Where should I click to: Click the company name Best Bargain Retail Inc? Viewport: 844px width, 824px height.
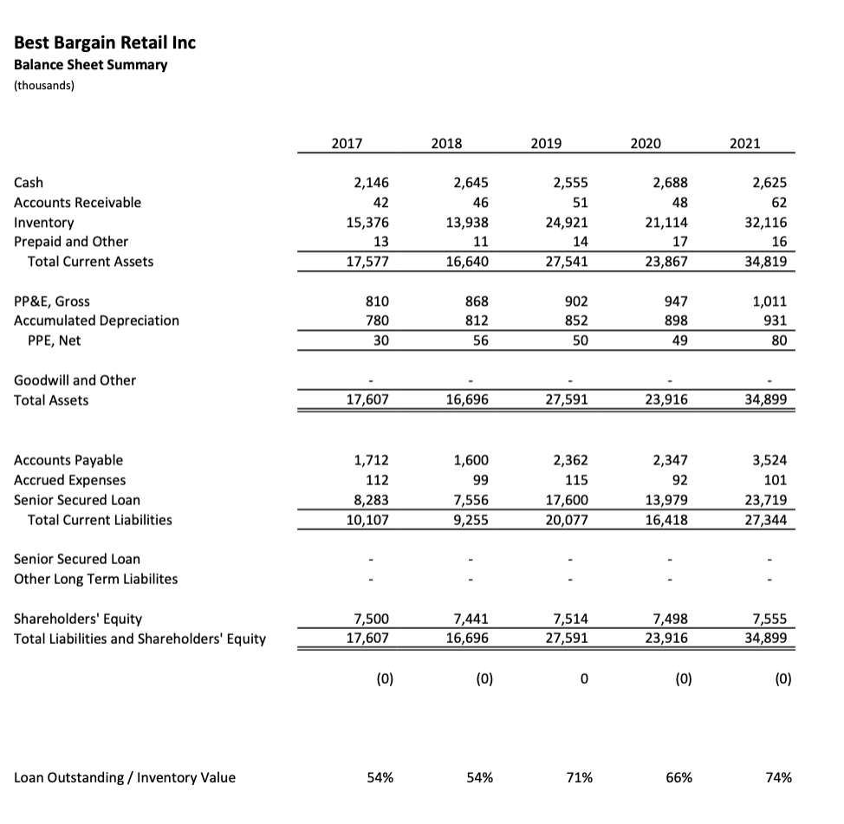coord(105,42)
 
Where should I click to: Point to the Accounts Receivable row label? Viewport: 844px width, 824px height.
coord(77,203)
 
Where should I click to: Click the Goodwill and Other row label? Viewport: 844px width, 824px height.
coord(75,380)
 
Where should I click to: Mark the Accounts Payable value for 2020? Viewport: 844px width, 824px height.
coord(670,460)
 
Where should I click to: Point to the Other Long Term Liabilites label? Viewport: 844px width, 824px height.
coord(96,579)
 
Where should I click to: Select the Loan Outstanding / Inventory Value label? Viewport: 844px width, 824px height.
coord(125,777)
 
